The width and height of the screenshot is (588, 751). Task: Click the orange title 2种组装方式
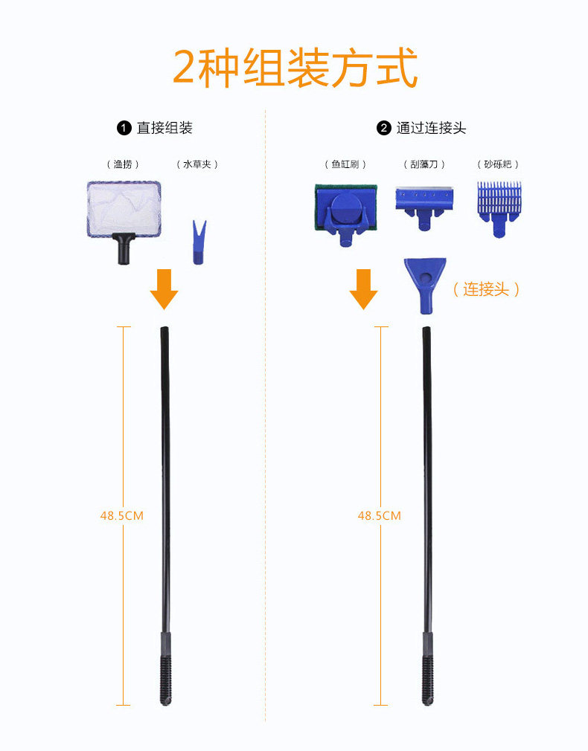(295, 68)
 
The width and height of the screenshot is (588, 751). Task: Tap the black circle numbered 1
(124, 129)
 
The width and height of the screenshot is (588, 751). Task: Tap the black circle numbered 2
(383, 129)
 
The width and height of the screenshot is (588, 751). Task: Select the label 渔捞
(123, 164)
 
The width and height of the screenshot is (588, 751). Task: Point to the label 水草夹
(197, 164)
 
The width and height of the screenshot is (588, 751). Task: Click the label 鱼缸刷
(345, 164)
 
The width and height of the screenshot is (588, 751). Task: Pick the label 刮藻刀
(424, 164)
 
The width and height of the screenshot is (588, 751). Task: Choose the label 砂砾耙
(498, 164)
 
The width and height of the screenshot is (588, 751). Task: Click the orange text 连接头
(486, 289)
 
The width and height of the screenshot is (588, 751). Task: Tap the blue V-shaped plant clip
(199, 242)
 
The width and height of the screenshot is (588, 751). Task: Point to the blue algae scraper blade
(424, 207)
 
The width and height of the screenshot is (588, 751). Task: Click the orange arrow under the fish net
(164, 289)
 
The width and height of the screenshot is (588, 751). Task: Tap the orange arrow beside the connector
(363, 289)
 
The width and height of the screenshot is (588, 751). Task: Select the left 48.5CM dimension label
(122, 516)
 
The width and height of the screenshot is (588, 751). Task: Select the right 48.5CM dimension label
(380, 516)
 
